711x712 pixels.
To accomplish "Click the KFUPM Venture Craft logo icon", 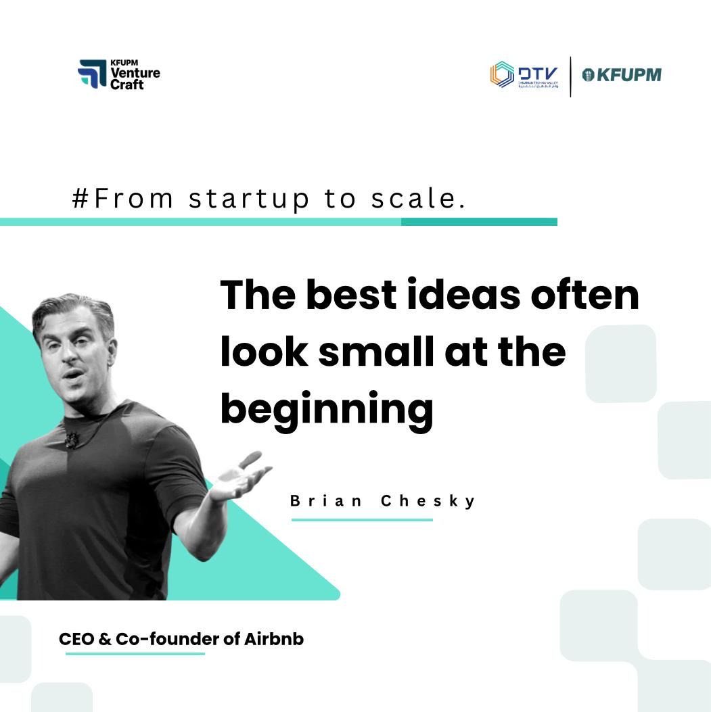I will click(92, 74).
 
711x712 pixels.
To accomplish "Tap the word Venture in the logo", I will click(135, 74).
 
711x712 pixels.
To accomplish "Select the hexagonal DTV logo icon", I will click(502, 75).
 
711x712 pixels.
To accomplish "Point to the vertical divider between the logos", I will click(570, 76).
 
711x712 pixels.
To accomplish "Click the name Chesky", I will click(429, 501).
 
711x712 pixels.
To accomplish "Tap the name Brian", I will click(327, 501).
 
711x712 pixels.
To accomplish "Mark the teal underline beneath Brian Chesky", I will click(362, 520).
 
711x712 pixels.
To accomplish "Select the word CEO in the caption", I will click(76, 639).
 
